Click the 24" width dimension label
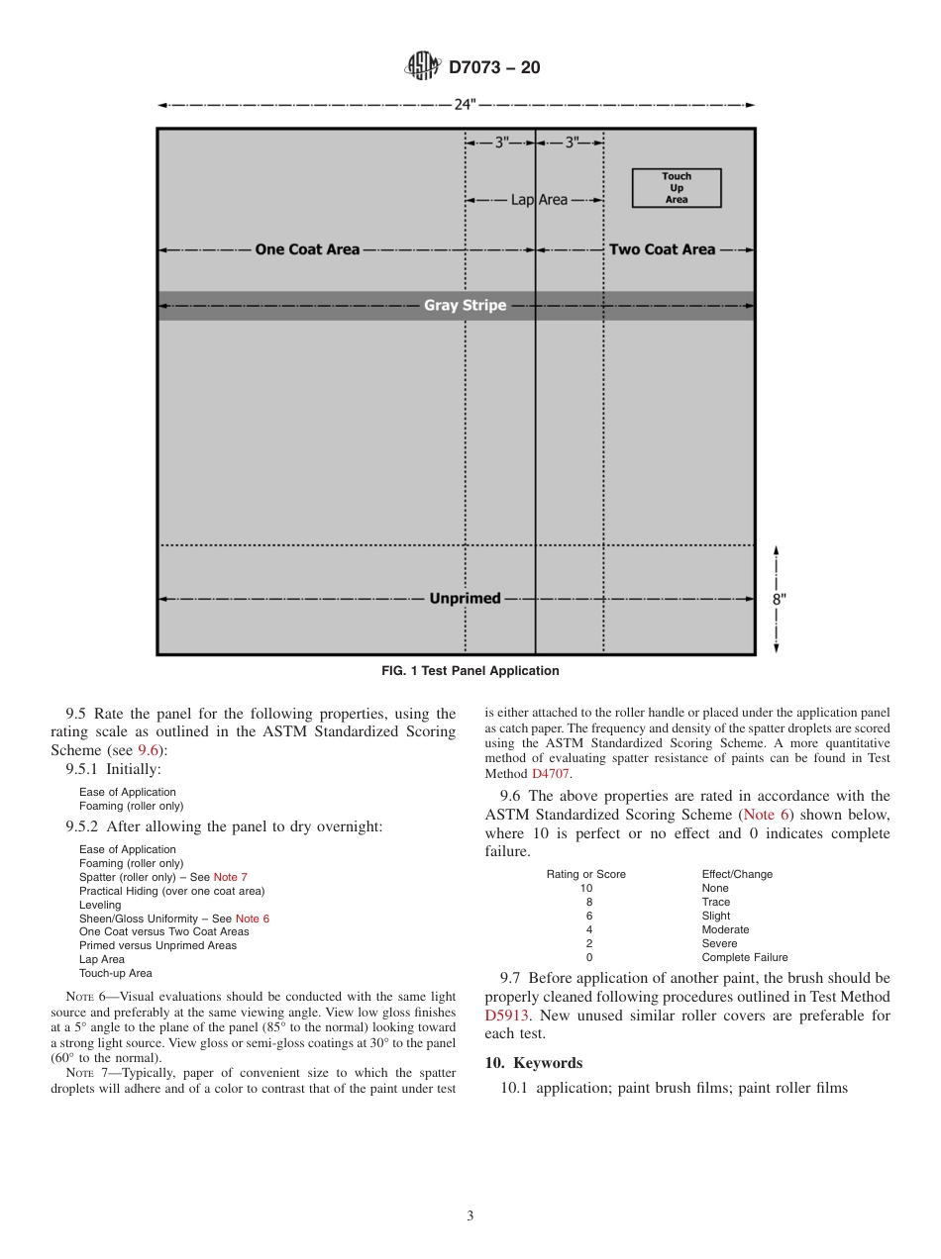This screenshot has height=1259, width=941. click(466, 106)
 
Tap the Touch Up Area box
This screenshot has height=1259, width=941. click(677, 188)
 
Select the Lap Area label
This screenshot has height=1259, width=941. click(539, 200)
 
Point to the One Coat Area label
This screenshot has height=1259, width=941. click(307, 249)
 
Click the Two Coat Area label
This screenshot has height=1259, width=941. click(662, 249)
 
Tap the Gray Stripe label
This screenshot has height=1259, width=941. click(465, 305)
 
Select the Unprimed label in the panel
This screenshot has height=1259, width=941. click(465, 599)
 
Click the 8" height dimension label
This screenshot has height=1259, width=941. click(780, 599)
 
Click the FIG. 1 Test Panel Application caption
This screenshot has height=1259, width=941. click(470, 671)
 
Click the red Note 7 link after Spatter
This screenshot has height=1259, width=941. click(231, 877)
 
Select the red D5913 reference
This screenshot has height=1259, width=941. click(506, 1016)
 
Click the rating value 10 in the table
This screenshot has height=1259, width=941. click(586, 888)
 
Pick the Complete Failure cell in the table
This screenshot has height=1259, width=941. click(745, 957)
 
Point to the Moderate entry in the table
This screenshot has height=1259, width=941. click(725, 929)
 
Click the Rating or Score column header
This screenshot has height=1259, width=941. click(586, 874)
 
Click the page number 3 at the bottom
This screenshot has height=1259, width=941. click(470, 1216)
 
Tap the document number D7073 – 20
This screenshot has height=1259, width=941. click(494, 68)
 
